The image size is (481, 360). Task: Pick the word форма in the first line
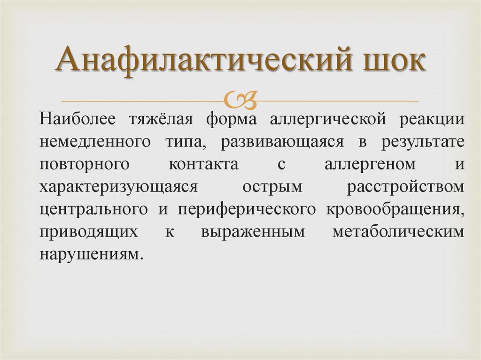pyautogui.click(x=232, y=119)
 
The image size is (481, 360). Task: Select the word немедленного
pyautogui.click(x=95, y=142)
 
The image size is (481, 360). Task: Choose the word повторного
pyautogui.click(x=84, y=164)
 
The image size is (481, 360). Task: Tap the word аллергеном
pyautogui.click(x=370, y=164)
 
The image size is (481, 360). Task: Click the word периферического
pyautogui.click(x=247, y=209)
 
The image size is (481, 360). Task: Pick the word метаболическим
pyautogui.click(x=398, y=232)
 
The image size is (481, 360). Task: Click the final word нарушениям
pyautogui.click(x=90, y=254)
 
